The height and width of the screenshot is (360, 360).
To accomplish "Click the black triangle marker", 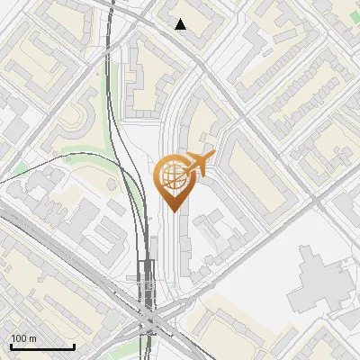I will pos(181,24).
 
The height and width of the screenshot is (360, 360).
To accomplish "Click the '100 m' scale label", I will pos(23,338).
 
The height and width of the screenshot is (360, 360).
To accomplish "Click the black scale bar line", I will pos(42,346).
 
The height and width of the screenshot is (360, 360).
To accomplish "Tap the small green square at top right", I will pos(238,3).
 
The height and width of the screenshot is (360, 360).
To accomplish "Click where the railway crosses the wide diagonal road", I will pos(148,319).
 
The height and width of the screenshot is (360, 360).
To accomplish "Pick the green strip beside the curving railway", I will pos(90,148).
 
